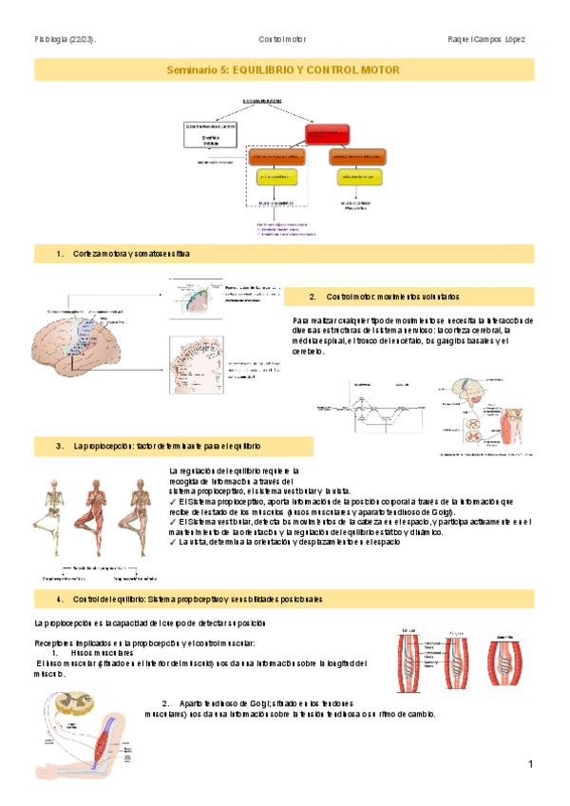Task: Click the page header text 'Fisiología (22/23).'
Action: click(66, 39)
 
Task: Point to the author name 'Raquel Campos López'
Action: click(485, 39)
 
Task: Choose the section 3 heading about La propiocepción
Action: click(163, 445)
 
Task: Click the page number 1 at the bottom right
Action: click(531, 764)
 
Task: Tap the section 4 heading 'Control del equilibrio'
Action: click(196, 599)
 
